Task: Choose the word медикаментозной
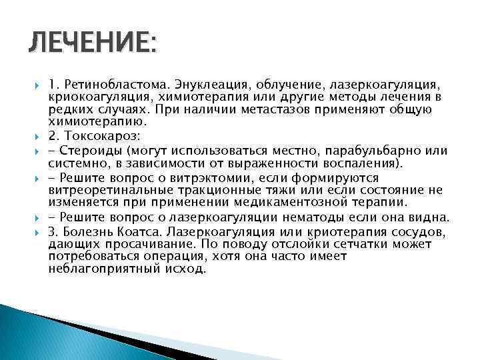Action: click(293, 201)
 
